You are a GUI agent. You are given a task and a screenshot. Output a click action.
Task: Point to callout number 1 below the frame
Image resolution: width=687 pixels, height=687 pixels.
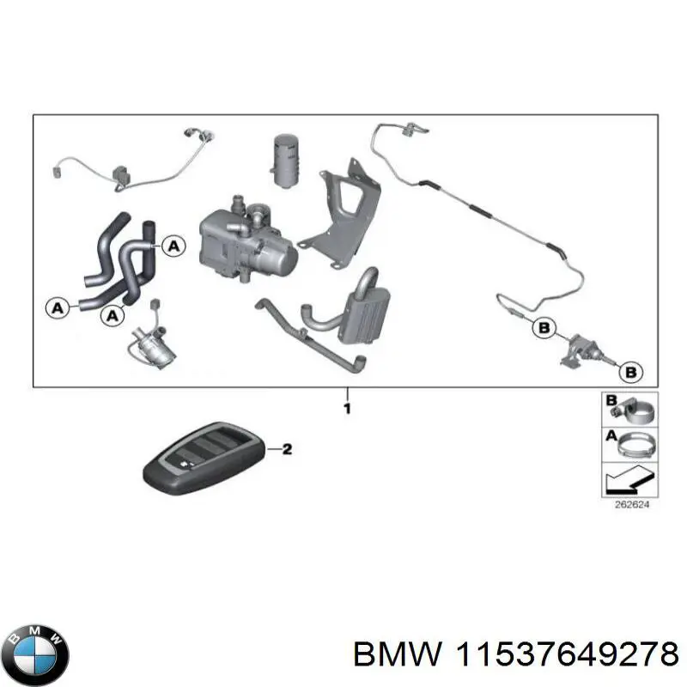point(347,409)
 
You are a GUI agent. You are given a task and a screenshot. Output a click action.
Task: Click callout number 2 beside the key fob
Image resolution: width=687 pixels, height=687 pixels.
point(287,448)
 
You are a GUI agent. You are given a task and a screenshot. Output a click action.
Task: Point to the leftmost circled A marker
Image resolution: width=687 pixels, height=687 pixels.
point(57,306)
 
